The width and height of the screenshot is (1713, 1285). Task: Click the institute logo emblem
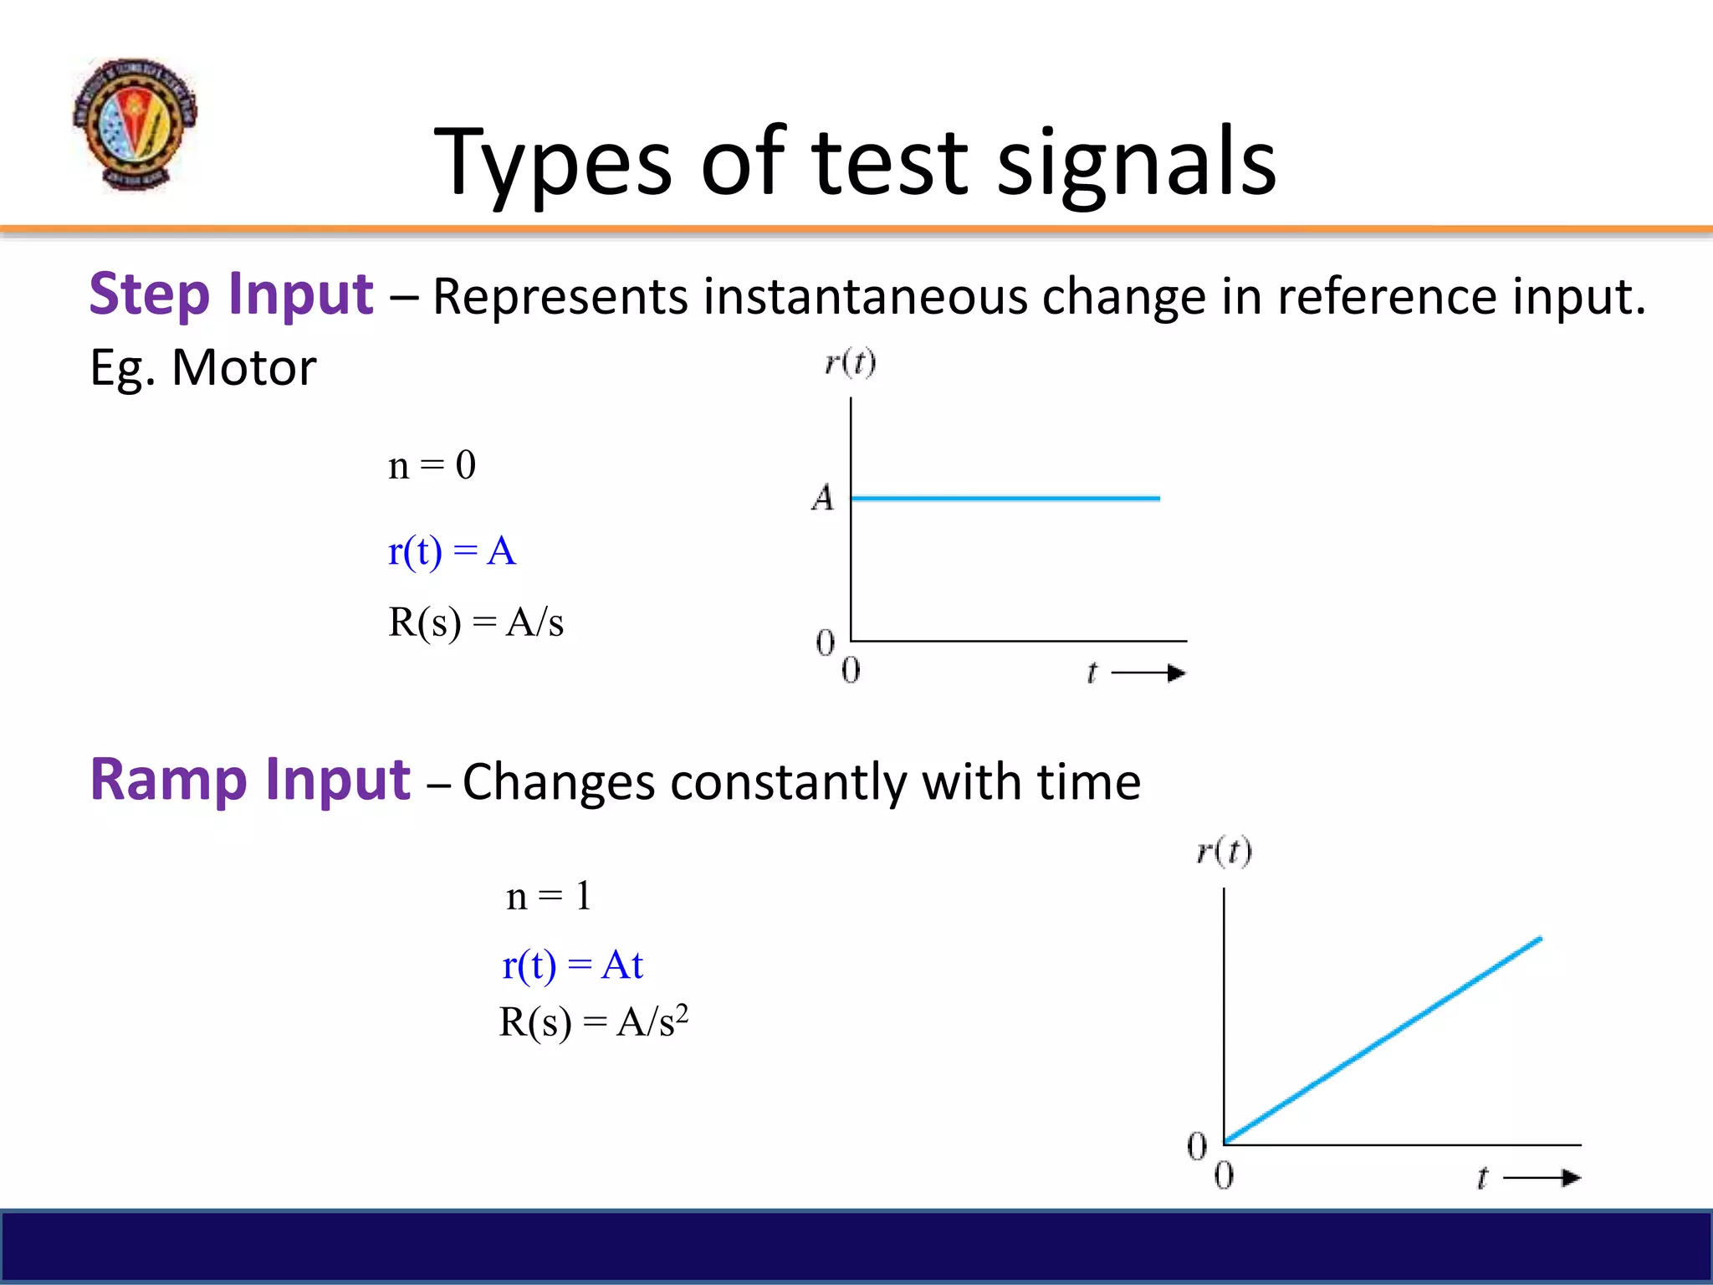pyautogui.click(x=135, y=124)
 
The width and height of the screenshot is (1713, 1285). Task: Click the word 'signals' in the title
pyautogui.click(x=1137, y=163)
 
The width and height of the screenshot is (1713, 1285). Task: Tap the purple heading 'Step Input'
pyautogui.click(x=231, y=294)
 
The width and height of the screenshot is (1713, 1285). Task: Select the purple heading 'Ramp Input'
pyautogui.click(x=250, y=780)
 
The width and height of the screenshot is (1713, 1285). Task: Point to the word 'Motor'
pyautogui.click(x=243, y=368)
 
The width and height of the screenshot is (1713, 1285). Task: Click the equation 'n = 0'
pyautogui.click(x=432, y=465)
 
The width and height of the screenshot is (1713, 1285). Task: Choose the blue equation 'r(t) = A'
pyautogui.click(x=452, y=552)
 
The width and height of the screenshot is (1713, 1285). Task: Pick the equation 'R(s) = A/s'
pyautogui.click(x=475, y=622)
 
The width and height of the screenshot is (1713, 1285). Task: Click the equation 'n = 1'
pyautogui.click(x=549, y=897)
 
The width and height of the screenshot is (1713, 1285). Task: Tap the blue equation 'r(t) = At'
pyautogui.click(x=572, y=965)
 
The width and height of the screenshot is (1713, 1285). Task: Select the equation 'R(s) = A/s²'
pyautogui.click(x=593, y=1022)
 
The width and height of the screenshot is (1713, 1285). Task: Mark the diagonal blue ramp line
pyautogui.click(x=1382, y=1041)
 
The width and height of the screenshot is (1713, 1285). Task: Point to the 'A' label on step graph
pyautogui.click(x=823, y=499)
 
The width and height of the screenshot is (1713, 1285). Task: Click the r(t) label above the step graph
pyautogui.click(x=850, y=363)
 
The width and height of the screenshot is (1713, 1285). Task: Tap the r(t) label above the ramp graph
pyautogui.click(x=1224, y=852)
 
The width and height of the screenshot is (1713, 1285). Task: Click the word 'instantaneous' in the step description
pyautogui.click(x=865, y=297)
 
